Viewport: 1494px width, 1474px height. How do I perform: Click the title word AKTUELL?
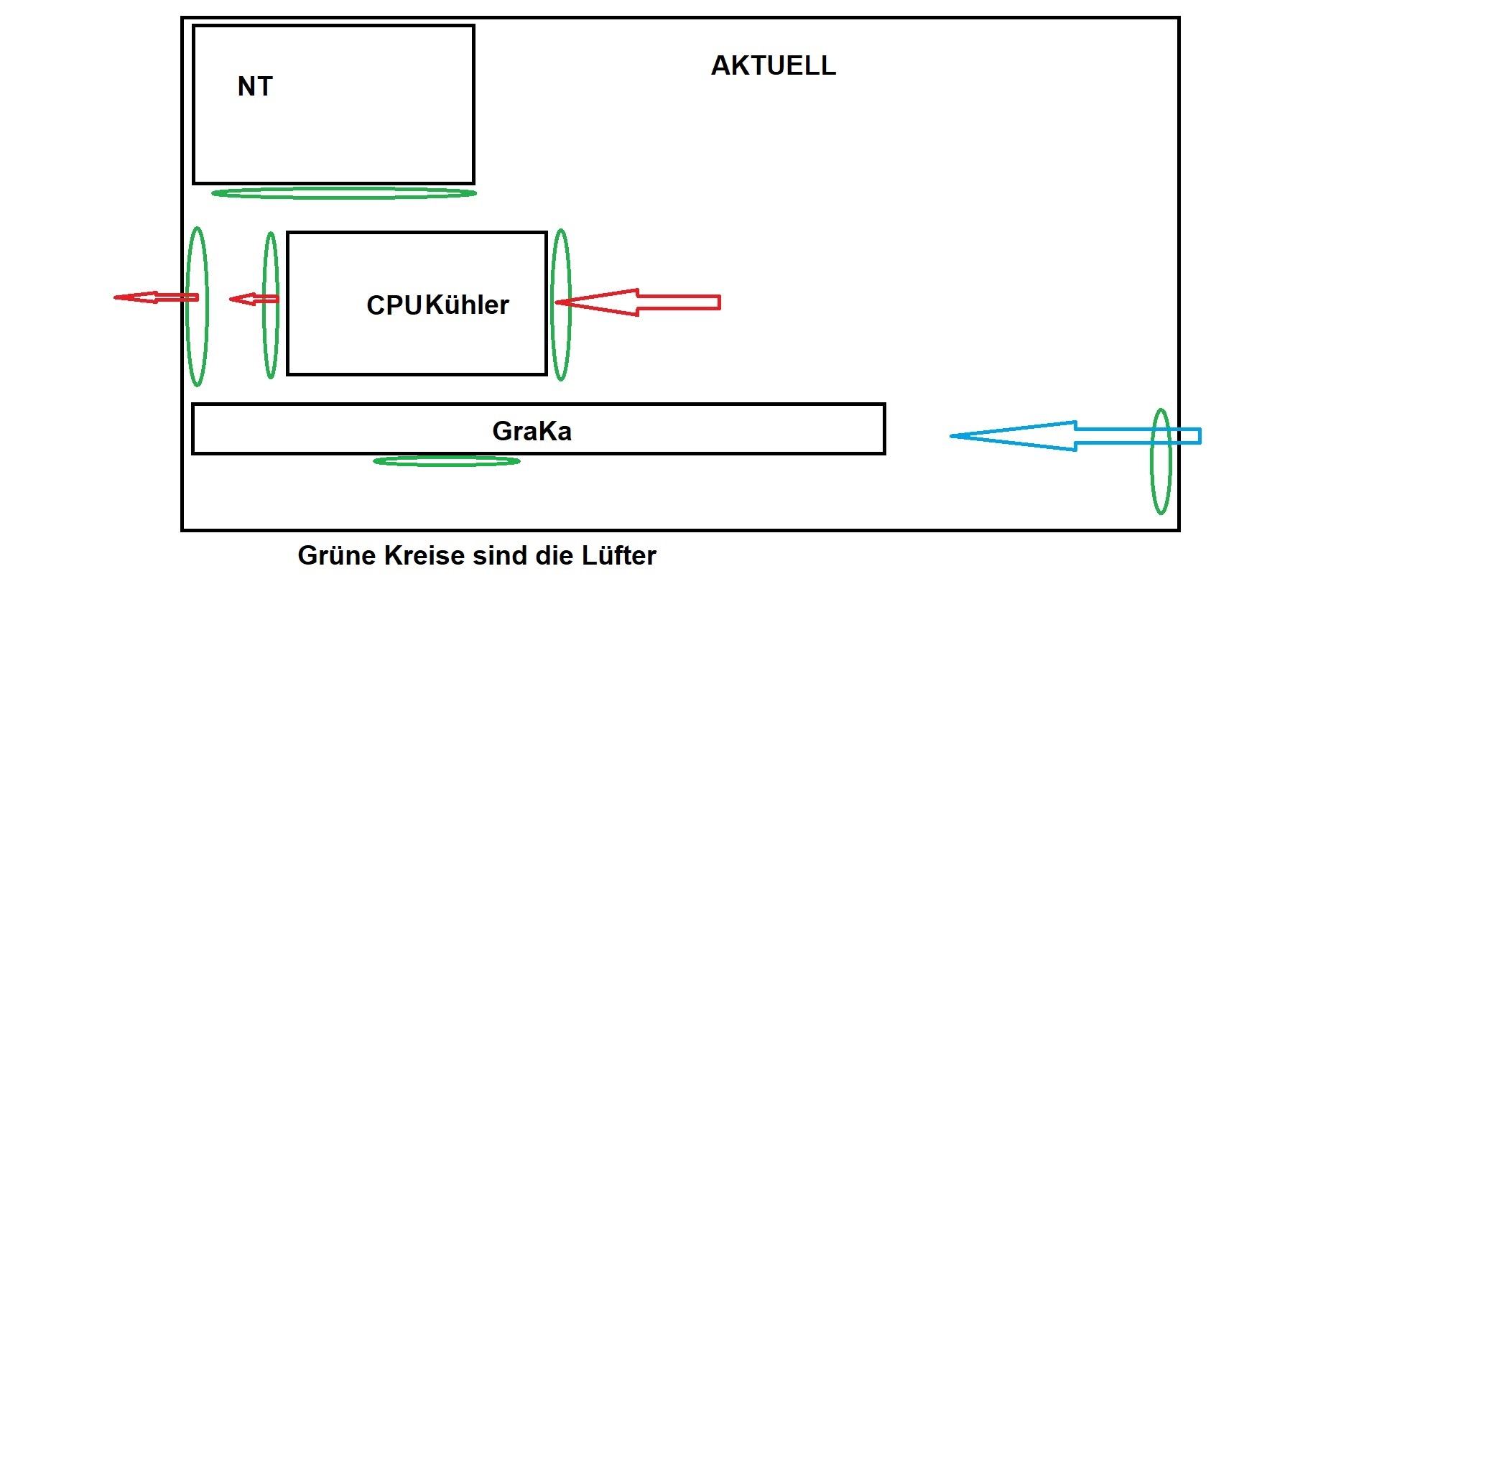774,66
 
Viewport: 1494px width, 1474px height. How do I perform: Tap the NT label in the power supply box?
255,87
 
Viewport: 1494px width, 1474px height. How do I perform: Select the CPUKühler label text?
437,305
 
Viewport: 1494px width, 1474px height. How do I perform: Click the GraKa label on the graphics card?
532,431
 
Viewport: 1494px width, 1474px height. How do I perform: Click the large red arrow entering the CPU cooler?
638,302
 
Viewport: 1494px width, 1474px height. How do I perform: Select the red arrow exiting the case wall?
156,297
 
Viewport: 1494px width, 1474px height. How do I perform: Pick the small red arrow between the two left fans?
254,299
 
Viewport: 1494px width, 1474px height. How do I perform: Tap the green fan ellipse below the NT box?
344,193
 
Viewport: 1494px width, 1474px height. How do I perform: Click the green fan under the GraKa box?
447,462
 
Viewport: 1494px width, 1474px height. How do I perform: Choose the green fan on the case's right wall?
1161,462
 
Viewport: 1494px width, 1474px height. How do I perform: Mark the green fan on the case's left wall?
198,306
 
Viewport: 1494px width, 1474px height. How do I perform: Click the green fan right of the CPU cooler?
562,305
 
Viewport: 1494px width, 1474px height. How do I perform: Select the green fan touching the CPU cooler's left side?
271,305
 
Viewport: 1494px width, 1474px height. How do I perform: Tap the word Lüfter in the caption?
618,555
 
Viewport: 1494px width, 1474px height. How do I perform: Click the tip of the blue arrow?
950,436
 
